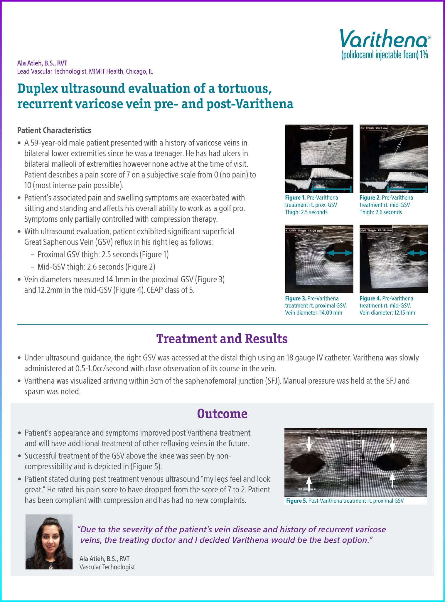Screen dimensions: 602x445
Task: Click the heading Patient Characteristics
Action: click(54, 130)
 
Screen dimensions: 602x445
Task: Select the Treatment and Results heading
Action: click(222, 339)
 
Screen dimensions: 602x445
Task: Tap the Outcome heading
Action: click(222, 413)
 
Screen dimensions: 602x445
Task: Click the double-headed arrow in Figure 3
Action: click(339, 252)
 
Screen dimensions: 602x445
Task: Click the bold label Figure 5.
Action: click(296, 501)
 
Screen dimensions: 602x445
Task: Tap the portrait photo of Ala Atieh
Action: click(49, 542)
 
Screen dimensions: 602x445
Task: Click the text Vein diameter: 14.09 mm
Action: click(313, 312)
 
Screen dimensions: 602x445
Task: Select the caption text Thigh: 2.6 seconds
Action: click(380, 212)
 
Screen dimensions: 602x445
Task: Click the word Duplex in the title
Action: click(36, 88)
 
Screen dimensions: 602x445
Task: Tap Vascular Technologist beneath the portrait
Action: click(107, 567)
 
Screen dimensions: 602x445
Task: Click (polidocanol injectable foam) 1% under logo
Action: click(384, 55)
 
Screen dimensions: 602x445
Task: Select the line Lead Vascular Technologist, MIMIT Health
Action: click(85, 71)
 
